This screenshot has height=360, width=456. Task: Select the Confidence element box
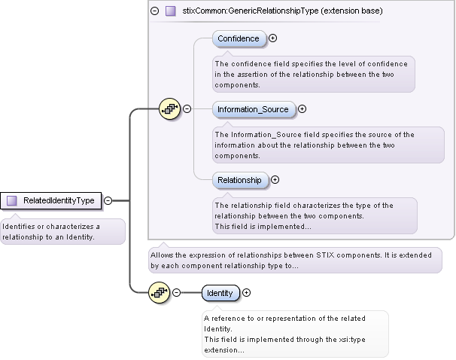click(239, 38)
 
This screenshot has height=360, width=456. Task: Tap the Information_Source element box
click(253, 109)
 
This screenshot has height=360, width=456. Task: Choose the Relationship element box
click(239, 180)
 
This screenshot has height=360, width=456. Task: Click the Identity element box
click(220, 293)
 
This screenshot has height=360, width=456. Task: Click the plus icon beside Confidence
click(273, 38)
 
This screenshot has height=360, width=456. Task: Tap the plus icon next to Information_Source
click(302, 109)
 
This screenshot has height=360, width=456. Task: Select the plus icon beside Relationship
click(275, 180)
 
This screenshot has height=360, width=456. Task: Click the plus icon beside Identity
click(246, 293)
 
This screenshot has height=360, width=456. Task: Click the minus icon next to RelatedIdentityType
click(108, 200)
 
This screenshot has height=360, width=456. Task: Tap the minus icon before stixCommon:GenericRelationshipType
click(155, 11)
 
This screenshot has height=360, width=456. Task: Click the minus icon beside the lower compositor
click(176, 293)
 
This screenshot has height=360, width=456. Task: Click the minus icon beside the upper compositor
click(187, 109)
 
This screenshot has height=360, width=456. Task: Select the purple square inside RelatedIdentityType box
click(12, 200)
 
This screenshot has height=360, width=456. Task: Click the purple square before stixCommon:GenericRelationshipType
click(171, 11)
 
